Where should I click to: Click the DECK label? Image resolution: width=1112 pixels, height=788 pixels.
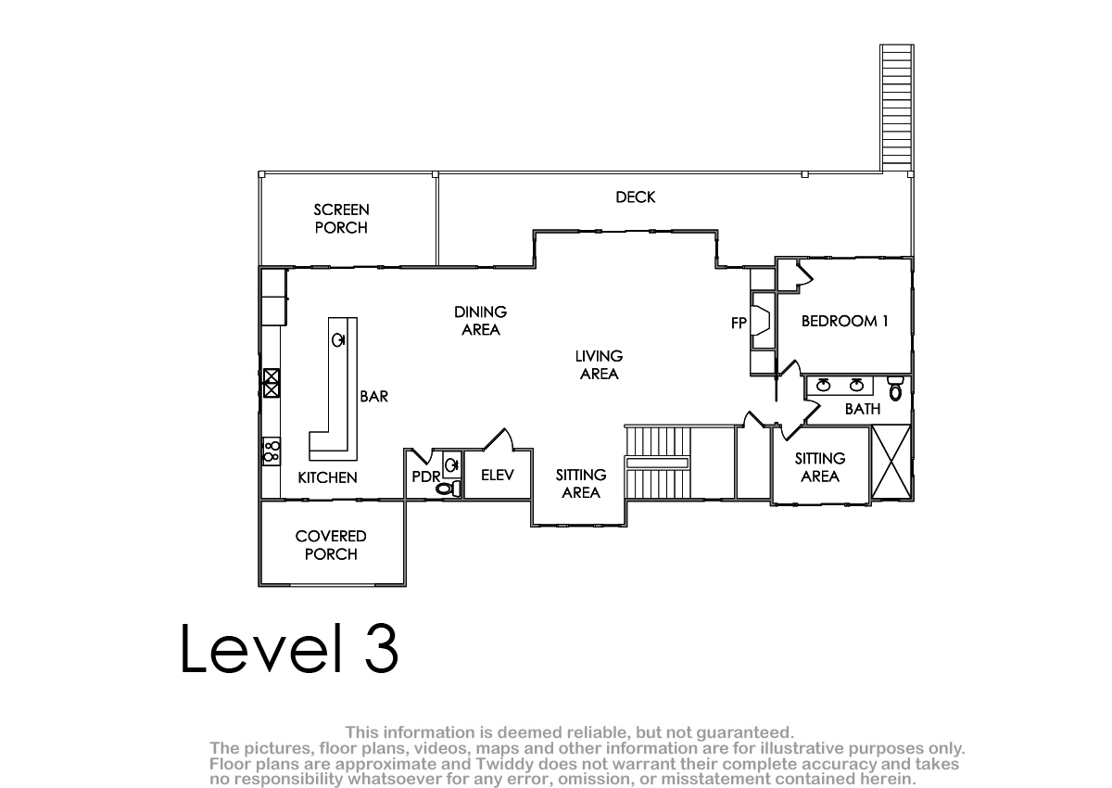tap(635, 197)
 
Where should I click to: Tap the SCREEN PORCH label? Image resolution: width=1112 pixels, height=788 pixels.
tap(341, 219)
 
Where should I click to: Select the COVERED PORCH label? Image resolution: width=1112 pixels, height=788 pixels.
tap(331, 545)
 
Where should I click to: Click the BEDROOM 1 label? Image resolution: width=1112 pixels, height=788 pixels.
tap(844, 322)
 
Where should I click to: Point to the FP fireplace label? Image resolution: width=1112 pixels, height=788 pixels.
tap(739, 324)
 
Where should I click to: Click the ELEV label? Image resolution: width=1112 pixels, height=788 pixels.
tap(498, 476)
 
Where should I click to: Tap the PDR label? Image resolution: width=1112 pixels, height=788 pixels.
tap(426, 477)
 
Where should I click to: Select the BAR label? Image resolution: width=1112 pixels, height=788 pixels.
tap(373, 396)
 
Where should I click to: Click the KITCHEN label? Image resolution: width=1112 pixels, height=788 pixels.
tap(327, 477)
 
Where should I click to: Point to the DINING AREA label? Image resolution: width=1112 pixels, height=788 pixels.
tap(481, 321)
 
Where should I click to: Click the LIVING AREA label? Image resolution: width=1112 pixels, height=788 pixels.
tap(599, 365)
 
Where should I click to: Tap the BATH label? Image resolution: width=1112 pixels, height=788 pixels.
tap(863, 409)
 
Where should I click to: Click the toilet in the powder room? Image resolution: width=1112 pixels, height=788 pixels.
tap(449, 489)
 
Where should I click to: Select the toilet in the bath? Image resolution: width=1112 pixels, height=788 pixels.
tap(895, 388)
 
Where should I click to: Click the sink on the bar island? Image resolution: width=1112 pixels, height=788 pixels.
tap(338, 340)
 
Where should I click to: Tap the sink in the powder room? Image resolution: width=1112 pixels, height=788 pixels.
tap(451, 465)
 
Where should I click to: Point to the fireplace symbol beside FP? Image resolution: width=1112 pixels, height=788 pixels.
tap(761, 322)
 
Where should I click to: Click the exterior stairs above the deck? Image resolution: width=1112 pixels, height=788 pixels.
tap(897, 108)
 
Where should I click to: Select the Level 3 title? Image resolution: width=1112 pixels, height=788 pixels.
tap(289, 649)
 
